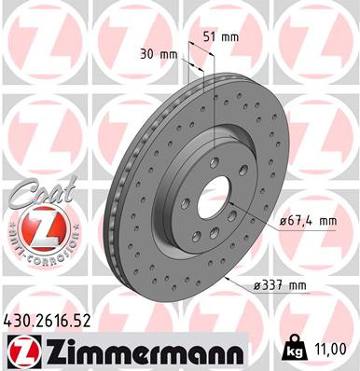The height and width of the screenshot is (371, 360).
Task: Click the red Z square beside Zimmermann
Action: tap(21, 350)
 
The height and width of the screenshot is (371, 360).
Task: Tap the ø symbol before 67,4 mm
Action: tap(282, 221)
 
